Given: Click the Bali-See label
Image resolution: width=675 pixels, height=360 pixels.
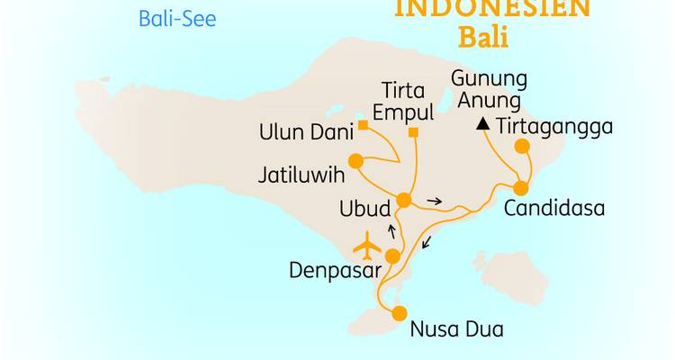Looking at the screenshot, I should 177,18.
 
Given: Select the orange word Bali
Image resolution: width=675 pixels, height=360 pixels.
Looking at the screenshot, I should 483,38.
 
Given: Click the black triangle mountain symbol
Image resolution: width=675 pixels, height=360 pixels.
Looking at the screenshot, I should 483,124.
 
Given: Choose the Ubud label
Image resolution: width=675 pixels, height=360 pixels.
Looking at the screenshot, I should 364,209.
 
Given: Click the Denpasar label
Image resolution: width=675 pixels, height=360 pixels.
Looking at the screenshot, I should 332,269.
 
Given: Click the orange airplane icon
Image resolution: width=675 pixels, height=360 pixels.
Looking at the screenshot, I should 367,245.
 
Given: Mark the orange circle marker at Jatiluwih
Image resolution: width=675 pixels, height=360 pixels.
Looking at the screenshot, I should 355,162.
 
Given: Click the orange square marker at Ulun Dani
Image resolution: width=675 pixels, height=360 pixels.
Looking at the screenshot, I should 362,125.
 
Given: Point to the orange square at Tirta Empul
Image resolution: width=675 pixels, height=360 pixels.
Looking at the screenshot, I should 414,134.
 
